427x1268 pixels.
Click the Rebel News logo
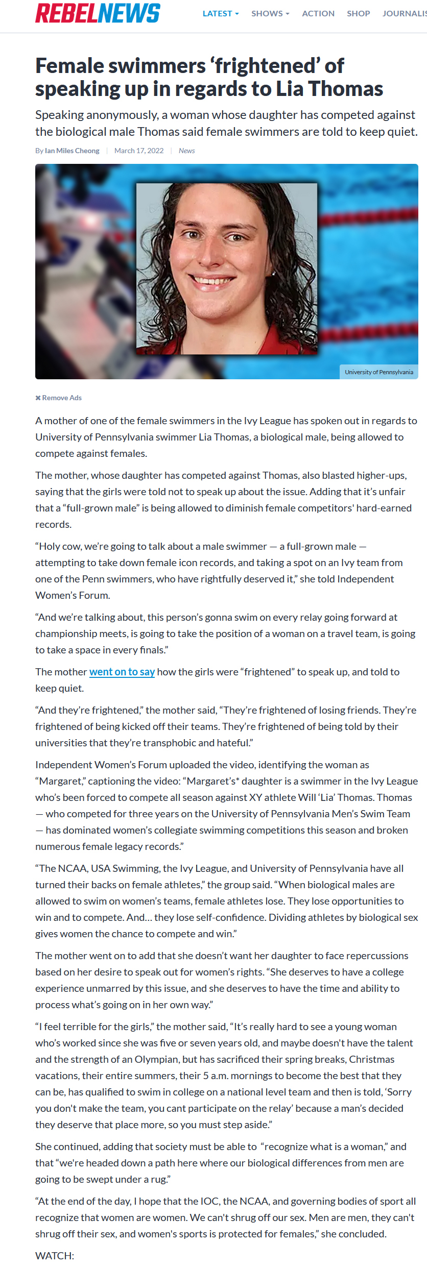click(98, 13)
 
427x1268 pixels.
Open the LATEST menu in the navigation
click(220, 14)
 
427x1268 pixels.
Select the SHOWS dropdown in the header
click(270, 14)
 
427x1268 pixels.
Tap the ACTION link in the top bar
click(318, 14)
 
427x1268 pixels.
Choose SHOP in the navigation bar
click(358, 14)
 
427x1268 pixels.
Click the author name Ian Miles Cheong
click(72, 151)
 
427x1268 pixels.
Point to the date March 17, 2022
click(139, 151)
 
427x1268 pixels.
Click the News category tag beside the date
click(186, 151)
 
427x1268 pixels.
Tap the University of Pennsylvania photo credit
click(378, 372)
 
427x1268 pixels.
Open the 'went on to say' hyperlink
click(122, 672)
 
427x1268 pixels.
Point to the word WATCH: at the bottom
click(55, 1256)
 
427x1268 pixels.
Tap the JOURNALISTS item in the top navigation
click(405, 14)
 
